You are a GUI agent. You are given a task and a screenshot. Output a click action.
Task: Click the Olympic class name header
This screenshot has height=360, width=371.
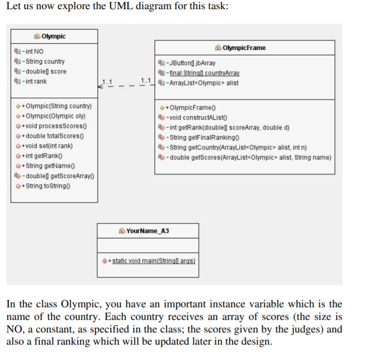(x=53, y=36)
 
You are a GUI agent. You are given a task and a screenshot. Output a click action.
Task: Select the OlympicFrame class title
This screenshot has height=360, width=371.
(x=244, y=48)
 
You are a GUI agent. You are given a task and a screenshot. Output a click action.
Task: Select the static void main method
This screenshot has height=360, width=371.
(x=153, y=261)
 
